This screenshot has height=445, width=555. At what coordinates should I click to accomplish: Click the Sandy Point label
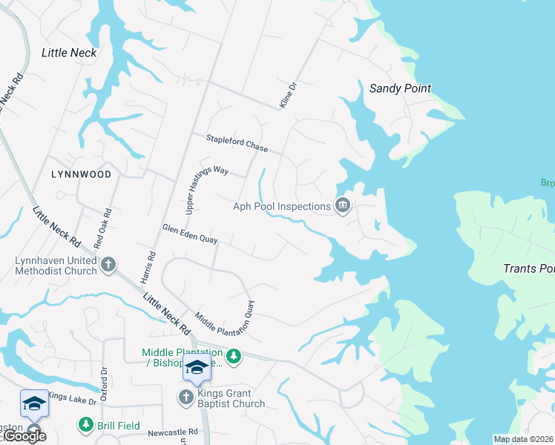[x=400, y=88]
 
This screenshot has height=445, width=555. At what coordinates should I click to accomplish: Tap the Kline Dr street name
[x=287, y=96]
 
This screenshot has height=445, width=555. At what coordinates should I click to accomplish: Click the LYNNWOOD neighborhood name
[x=82, y=174]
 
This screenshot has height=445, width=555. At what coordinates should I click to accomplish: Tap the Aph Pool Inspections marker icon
[x=342, y=206]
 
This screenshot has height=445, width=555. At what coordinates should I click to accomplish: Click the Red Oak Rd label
[x=102, y=228]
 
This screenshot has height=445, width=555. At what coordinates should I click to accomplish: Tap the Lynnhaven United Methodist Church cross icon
[x=108, y=264]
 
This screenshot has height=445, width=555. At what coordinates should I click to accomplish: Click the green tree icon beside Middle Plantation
[x=234, y=357]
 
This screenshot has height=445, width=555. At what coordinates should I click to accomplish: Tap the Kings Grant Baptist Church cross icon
[x=185, y=398]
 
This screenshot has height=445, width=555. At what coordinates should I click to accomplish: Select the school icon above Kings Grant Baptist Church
[x=197, y=367]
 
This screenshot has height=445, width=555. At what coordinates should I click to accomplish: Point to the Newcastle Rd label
[x=172, y=431]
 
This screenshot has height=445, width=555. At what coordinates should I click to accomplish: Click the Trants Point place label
[x=528, y=268]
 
